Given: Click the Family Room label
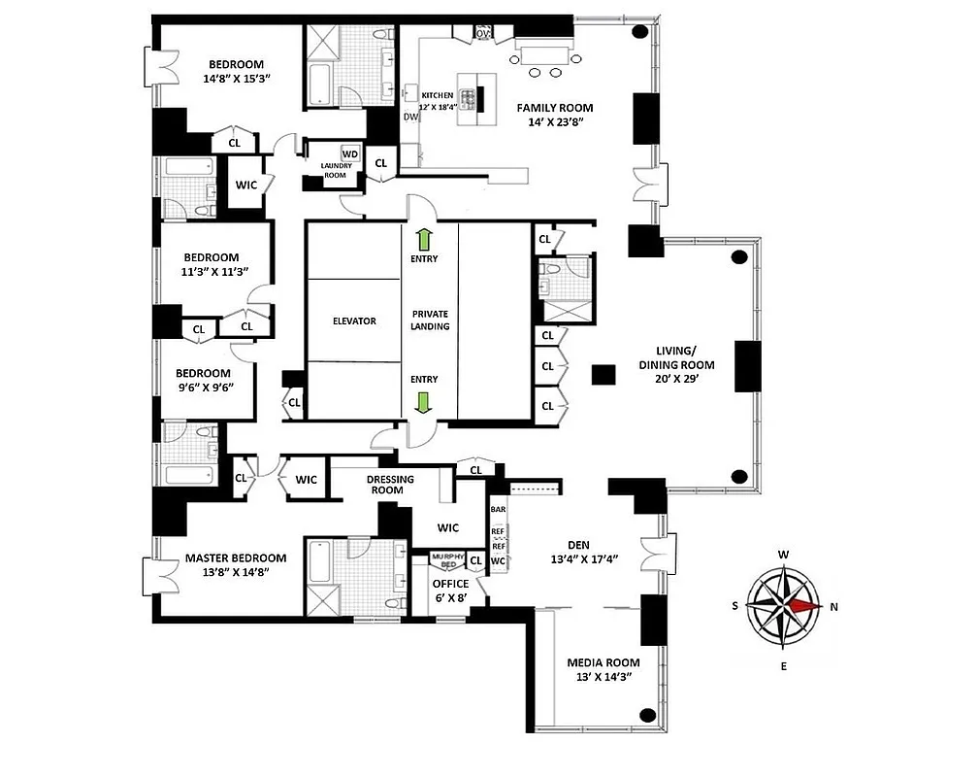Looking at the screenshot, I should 554,108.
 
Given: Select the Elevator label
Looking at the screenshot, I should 353,321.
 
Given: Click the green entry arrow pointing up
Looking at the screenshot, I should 424,239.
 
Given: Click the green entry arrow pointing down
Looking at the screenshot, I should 424,401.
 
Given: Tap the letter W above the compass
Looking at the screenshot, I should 783,556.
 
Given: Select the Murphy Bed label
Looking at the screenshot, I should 447,560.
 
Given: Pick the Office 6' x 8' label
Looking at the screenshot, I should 449,591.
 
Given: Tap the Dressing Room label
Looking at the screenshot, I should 390,485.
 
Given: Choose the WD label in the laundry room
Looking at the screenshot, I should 349,153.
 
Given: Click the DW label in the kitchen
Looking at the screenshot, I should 409,117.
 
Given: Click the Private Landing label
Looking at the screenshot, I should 430,320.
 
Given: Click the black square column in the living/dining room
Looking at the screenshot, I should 604,375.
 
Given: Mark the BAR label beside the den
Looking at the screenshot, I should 498,509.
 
